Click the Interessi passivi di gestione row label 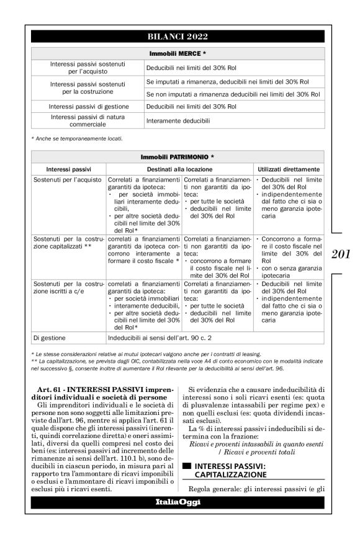pos(89,107)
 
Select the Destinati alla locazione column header pos(180,169)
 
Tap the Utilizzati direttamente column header pos(288,169)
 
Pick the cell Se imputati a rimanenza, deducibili pos(227,81)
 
